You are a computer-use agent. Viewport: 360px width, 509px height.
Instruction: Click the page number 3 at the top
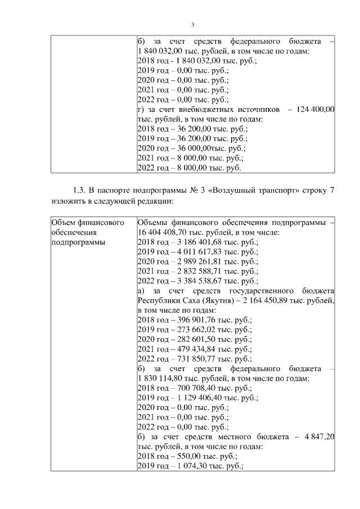pos(192,25)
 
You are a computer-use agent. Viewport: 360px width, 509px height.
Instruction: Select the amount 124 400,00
pos(314,109)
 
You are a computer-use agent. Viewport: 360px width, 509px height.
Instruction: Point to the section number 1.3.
pos(81,190)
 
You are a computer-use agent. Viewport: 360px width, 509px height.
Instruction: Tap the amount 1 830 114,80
pos(160,379)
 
